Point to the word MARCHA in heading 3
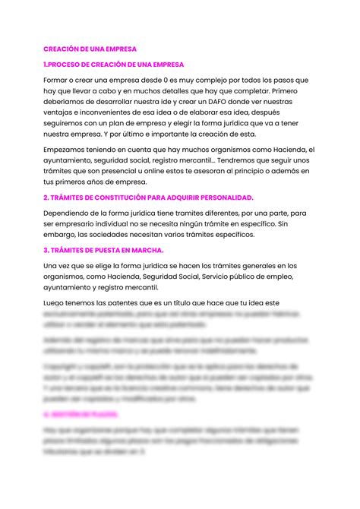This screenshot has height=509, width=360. (142, 249)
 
